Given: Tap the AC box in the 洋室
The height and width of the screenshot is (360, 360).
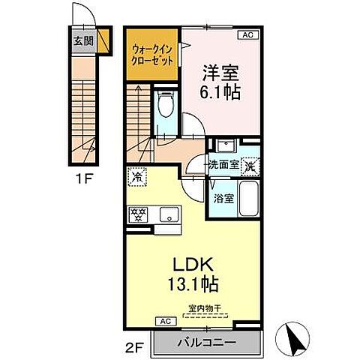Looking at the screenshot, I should (x=246, y=34).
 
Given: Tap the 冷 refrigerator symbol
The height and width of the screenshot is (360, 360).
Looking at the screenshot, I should (x=138, y=178).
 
